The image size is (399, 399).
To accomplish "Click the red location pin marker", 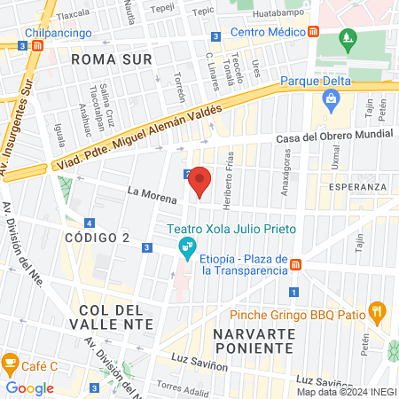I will [200, 181].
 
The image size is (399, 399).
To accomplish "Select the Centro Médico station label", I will [268, 32].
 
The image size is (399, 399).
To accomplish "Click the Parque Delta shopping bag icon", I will [332, 99].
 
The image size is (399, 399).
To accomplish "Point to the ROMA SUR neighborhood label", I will [112, 59].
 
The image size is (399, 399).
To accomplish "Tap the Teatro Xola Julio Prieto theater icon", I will [186, 246].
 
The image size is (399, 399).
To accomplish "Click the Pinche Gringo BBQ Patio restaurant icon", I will [378, 311].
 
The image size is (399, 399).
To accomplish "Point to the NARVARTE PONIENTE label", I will [254, 340].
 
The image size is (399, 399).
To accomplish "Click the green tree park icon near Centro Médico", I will [348, 39].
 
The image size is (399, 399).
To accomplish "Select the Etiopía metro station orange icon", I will [297, 264].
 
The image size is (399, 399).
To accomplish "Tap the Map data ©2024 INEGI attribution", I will [346, 392].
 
